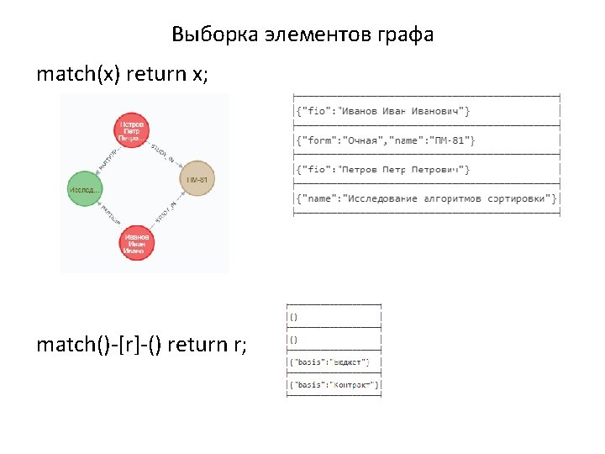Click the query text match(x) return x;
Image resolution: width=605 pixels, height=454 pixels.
tap(122, 74)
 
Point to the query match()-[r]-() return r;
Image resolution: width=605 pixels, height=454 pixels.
tap(142, 344)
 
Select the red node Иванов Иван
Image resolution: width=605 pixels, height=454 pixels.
tap(137, 241)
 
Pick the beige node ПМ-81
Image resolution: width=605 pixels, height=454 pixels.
tap(198, 180)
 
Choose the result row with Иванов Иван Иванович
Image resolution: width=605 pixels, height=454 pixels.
tap(381, 111)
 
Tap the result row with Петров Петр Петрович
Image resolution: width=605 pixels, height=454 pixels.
tap(381, 170)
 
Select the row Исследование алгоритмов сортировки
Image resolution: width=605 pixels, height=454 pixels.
tap(425, 198)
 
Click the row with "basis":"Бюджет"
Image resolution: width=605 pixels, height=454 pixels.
tap(333, 362)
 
